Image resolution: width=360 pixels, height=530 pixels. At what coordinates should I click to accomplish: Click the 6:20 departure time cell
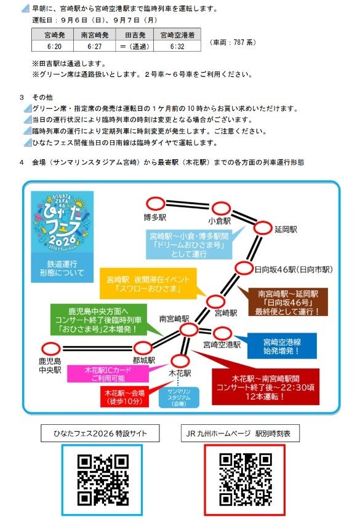tap(54, 46)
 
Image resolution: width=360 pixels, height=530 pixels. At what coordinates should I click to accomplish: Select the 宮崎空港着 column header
tap(177, 35)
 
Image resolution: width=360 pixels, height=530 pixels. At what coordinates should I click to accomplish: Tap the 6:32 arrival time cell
tap(177, 46)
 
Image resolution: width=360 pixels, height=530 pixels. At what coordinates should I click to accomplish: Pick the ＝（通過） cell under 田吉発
tap(135, 46)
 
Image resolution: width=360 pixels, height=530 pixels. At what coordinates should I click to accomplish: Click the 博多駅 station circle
tap(156, 204)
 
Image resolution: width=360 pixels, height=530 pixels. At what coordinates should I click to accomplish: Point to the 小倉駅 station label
tap(220, 221)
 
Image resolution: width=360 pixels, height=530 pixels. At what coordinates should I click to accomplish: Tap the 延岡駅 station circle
tap(263, 228)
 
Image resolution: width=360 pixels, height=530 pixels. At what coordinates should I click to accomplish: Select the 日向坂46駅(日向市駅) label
tap(294, 269)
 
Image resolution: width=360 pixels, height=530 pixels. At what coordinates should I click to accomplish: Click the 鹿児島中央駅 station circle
tap(50, 348)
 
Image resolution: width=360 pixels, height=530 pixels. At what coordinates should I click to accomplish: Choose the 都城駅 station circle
tap(143, 347)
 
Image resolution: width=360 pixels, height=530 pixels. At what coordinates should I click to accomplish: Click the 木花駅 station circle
tap(180, 360)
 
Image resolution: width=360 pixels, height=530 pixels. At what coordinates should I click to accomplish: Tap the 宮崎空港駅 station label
tap(222, 345)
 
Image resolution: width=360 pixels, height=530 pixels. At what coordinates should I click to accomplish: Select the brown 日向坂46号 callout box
tap(288, 302)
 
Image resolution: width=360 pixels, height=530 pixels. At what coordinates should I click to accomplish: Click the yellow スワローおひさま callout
tap(148, 283)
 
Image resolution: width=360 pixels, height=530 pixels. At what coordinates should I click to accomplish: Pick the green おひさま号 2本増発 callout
tap(98, 320)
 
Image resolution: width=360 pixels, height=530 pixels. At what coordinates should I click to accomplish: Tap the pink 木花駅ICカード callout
tap(108, 374)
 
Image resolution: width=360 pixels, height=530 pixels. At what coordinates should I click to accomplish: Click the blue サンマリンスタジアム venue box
tap(179, 397)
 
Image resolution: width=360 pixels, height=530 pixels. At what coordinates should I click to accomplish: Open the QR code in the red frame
tap(246, 480)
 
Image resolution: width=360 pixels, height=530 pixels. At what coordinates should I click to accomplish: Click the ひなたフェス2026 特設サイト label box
tap(100, 433)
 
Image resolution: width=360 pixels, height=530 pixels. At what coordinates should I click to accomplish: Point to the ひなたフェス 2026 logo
tap(62, 222)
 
